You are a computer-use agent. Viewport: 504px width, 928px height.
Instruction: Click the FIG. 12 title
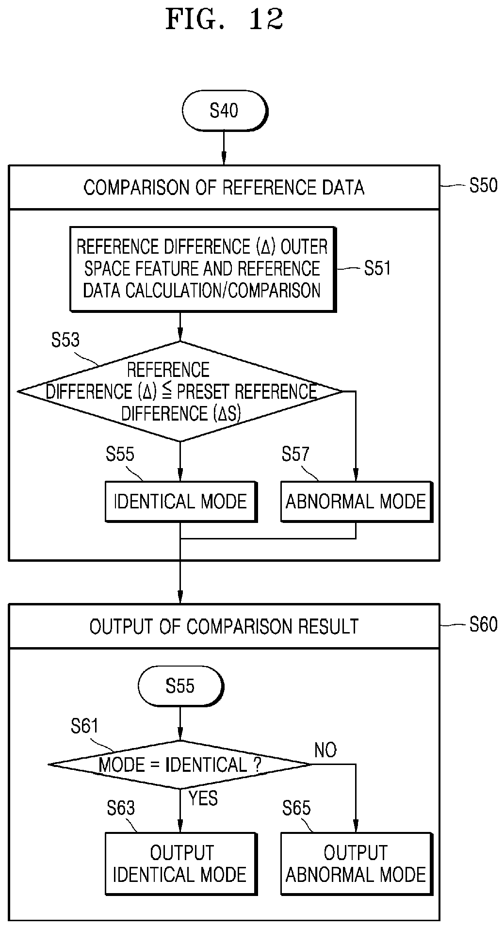coord(224,20)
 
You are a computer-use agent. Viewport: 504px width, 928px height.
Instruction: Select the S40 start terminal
coord(224,111)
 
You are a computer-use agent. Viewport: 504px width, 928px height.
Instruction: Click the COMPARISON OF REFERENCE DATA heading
coord(224,187)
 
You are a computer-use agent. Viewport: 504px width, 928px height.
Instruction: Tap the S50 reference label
coord(483,185)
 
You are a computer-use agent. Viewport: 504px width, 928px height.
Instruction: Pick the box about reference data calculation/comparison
coord(203,269)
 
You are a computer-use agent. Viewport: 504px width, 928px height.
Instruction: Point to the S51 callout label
coord(377,268)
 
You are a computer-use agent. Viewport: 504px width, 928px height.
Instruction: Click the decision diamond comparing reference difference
coord(180,391)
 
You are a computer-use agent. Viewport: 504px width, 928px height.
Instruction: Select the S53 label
coord(65,340)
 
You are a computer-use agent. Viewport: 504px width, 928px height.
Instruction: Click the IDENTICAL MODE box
coord(180,502)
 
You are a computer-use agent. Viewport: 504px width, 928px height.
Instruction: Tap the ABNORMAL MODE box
coord(356,502)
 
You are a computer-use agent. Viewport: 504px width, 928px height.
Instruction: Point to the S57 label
coord(295,454)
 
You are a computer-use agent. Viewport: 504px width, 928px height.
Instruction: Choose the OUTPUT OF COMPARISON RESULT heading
coord(224,626)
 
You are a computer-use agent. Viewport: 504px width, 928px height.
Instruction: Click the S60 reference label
coord(483,624)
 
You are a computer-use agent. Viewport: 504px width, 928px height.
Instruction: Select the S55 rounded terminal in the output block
coord(180,686)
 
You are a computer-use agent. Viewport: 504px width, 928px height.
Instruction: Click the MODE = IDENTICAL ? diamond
coord(180,765)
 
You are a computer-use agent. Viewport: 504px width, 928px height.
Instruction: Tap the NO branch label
coord(325,750)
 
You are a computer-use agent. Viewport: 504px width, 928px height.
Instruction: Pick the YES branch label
coord(203,798)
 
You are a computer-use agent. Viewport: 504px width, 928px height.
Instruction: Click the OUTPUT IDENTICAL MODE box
coord(180,863)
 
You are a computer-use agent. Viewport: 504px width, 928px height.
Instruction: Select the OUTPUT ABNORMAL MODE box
coord(356,863)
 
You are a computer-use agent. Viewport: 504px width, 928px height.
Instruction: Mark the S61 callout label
coord(84,726)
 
